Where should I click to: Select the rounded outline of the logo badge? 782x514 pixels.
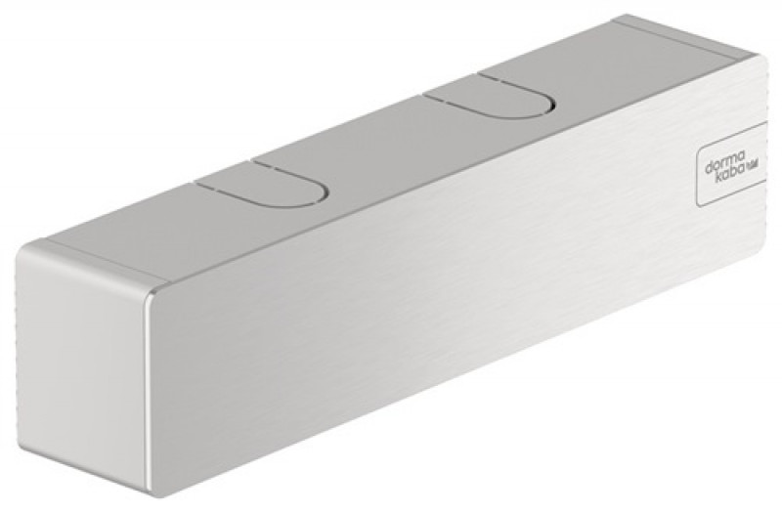[696, 186]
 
